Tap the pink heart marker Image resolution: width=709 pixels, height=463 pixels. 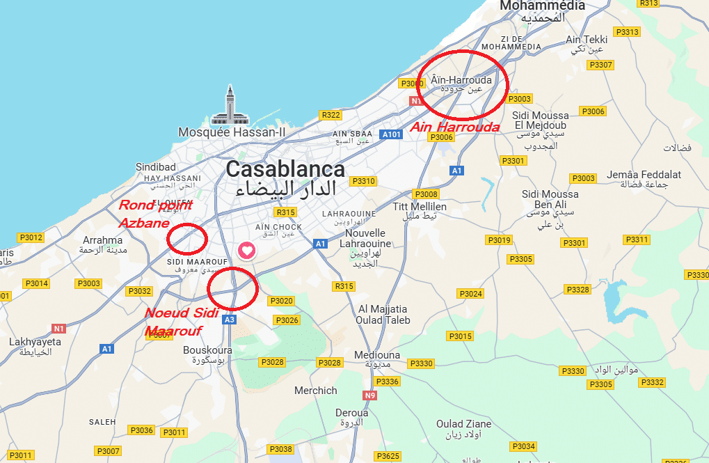pos(247,251)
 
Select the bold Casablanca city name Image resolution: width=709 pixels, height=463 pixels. pos(285,169)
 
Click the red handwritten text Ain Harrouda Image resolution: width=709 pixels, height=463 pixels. pos(454,127)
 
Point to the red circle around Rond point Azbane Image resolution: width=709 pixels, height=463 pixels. pos(187,238)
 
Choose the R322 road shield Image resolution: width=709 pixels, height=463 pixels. pos(330,115)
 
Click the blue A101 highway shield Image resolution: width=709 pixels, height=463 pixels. pos(392,134)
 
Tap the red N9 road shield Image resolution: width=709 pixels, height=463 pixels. pos(369,395)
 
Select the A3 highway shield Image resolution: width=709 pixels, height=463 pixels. pos(230,320)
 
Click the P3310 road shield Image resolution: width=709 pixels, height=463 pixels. pos(363,181)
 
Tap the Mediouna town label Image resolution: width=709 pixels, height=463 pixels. pos(377,355)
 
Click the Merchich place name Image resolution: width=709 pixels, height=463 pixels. pos(315,391)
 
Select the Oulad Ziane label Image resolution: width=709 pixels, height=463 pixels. pos(463,423)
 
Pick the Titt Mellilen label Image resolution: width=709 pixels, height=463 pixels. pos(420,207)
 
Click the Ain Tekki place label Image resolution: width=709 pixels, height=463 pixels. pos(587,40)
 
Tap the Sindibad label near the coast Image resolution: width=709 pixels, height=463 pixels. pos(155,167)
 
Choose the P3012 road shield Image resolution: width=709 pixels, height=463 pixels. pos(31,237)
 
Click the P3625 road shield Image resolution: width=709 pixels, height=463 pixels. pos(388,456)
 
